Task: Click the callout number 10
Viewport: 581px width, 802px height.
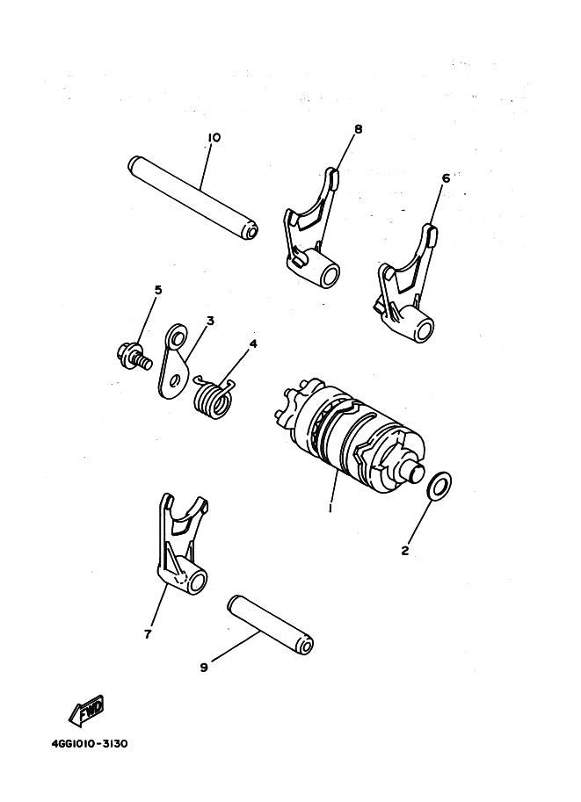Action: tap(214, 138)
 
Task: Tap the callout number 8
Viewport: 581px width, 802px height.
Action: tap(359, 129)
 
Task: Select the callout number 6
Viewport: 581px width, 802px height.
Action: tap(446, 178)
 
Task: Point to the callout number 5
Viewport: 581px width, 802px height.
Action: tap(158, 290)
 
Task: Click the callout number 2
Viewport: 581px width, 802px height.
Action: tap(405, 551)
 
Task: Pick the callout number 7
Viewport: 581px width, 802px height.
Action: tap(148, 634)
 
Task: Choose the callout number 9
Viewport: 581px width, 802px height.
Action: tap(204, 668)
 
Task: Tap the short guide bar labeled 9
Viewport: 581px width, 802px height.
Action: tap(270, 625)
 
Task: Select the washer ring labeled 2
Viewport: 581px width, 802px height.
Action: tap(439, 486)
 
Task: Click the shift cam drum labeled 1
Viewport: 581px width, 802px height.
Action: tap(348, 435)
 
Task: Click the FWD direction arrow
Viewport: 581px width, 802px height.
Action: tap(87, 710)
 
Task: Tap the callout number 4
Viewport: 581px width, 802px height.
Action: tap(253, 343)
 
